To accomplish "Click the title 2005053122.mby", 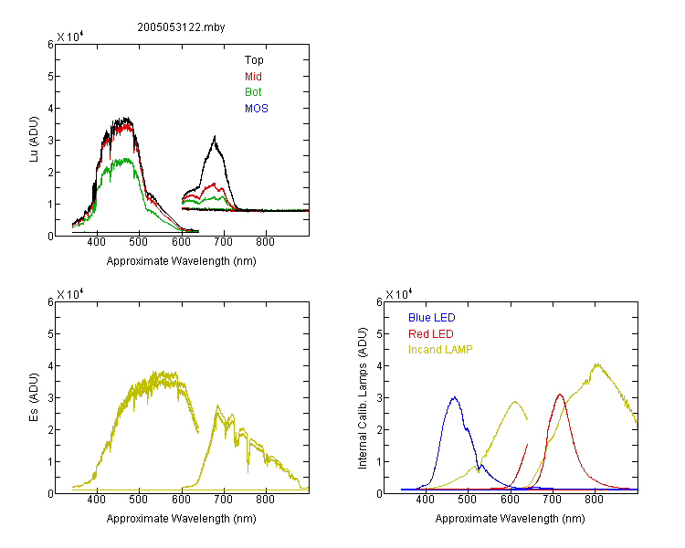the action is [x=181, y=27].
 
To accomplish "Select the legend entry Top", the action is [x=254, y=60].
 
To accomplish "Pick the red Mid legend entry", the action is [x=253, y=77].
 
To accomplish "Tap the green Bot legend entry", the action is [x=253, y=92].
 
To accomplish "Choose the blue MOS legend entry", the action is [x=257, y=109].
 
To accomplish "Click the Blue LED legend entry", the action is [x=432, y=318].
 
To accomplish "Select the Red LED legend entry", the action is [x=431, y=334].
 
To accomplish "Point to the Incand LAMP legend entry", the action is [x=440, y=350].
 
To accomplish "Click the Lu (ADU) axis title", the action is [x=34, y=140].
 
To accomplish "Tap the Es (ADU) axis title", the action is [x=34, y=397].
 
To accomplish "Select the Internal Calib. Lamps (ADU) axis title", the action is [x=363, y=398].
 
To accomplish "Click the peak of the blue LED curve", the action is [x=455, y=397].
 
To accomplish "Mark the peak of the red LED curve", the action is [x=560, y=395].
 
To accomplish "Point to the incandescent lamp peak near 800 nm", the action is [x=597, y=364].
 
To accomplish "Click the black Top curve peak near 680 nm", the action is [x=215, y=137].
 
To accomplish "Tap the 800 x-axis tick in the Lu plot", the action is [x=265, y=242].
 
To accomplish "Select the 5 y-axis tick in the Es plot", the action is [x=50, y=334].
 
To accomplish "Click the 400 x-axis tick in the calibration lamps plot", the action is [x=426, y=500].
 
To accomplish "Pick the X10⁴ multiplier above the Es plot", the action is [x=70, y=294].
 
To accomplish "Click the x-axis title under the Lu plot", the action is [x=182, y=261].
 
